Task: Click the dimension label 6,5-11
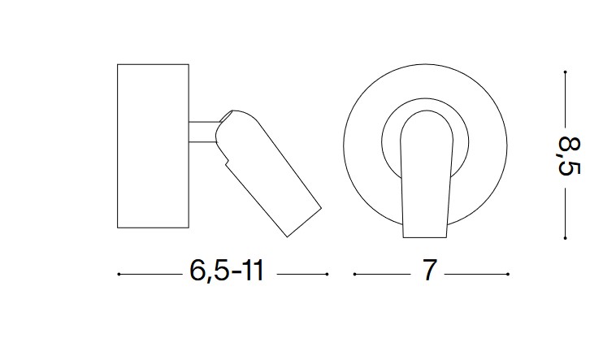(227, 271)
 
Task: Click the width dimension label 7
(429, 270)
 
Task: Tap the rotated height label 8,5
(570, 156)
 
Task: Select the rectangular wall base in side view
(154, 145)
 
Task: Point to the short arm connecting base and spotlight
(203, 132)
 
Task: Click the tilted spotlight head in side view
(268, 173)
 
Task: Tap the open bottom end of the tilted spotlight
(305, 223)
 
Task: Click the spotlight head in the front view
(425, 174)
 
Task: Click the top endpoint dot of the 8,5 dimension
(565, 72)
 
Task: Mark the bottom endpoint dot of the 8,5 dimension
(565, 238)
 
